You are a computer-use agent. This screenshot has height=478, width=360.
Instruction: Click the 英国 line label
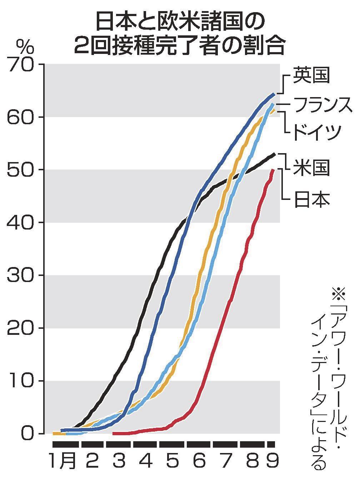(311, 75)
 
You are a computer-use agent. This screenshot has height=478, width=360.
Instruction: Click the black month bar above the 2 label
(92, 444)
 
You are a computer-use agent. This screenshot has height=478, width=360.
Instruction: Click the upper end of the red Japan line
(273, 170)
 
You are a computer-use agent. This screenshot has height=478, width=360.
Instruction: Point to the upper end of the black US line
(274, 154)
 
